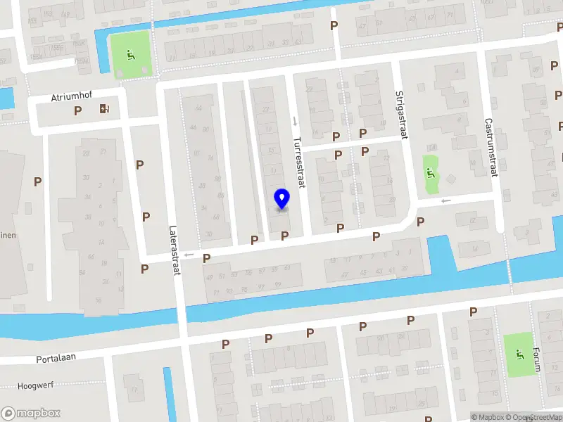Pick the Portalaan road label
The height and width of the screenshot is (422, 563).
tap(56, 358)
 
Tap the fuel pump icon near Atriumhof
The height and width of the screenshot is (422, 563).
tap(105, 108)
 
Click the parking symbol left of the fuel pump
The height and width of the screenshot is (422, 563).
tap(78, 110)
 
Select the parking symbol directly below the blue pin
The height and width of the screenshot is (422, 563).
tap(284, 236)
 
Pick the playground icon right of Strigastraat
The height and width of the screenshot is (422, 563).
tap(431, 172)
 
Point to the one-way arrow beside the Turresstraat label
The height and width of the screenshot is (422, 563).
tap(295, 120)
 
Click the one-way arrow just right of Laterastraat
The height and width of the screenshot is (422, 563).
tap(188, 255)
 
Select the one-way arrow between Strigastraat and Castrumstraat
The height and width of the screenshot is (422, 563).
tap(445, 201)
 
